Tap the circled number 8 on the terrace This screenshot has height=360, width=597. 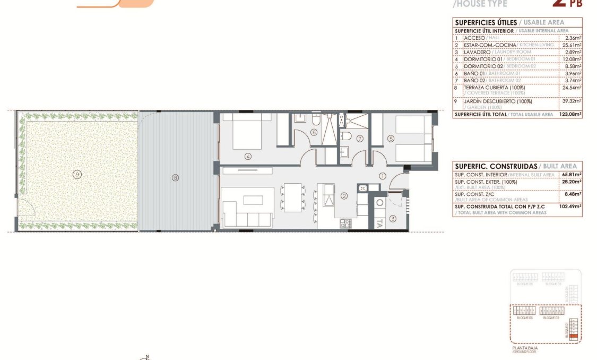[x=175, y=178]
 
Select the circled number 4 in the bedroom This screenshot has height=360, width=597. [x=247, y=156]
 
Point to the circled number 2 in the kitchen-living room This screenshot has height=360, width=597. [x=344, y=196]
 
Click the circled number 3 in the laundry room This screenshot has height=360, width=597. [x=393, y=218]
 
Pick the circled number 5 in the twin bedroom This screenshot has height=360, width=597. [x=391, y=139]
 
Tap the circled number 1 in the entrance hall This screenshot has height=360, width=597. [x=382, y=176]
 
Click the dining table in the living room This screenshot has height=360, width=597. [x=292, y=197]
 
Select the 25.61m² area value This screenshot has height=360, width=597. [x=572, y=45]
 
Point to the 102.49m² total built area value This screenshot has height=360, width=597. [x=570, y=207]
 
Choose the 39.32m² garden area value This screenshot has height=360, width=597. [x=572, y=101]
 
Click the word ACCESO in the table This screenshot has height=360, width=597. [x=474, y=38]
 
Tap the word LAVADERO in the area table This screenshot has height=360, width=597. [x=477, y=52]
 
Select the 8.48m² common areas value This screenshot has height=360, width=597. [x=573, y=194]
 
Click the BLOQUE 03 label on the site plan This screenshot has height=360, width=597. [x=524, y=318]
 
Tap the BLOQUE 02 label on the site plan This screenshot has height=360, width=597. [x=550, y=318]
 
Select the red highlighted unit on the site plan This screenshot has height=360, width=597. [x=573, y=336]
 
